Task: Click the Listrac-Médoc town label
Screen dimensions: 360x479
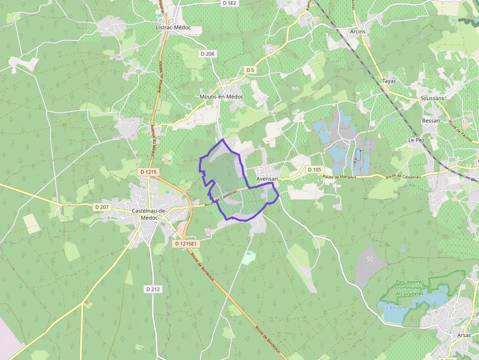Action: click(x=173, y=28)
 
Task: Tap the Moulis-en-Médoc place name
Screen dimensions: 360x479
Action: click(x=221, y=97)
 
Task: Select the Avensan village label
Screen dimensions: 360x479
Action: click(x=267, y=179)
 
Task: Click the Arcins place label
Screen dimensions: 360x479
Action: click(x=357, y=31)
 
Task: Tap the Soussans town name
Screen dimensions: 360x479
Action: click(x=432, y=98)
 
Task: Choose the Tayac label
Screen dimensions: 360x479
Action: click(x=389, y=81)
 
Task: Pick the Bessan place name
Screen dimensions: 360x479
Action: click(x=431, y=121)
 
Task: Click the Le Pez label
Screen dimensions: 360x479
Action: click(x=416, y=140)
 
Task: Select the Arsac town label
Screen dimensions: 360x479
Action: click(x=464, y=335)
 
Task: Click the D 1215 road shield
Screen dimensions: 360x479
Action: click(x=149, y=172)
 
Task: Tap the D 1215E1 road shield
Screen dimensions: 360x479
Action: click(x=186, y=243)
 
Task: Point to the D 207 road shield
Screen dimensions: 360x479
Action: click(x=102, y=207)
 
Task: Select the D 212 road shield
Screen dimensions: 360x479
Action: click(x=153, y=289)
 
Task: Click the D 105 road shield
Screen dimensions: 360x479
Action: click(x=315, y=169)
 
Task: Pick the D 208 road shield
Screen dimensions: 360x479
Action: click(x=207, y=53)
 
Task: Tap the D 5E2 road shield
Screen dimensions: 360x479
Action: click(x=229, y=3)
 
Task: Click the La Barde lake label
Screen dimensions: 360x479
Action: click(x=392, y=308)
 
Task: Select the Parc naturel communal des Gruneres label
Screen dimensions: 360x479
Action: click(x=408, y=288)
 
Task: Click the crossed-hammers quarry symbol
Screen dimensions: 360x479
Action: click(x=370, y=259)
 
